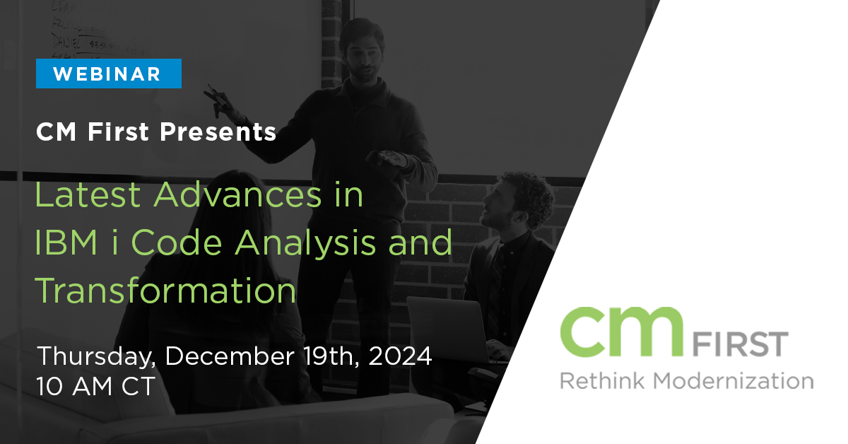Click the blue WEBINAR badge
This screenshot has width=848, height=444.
pos(109,74)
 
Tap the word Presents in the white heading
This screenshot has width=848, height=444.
pos(218,132)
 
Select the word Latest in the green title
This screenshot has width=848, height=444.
pos(88,194)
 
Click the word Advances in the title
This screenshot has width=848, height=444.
pos(237,194)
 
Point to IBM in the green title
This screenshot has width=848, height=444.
pos(66,243)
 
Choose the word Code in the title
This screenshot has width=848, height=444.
pos(177,243)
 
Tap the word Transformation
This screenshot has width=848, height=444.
pos(165,290)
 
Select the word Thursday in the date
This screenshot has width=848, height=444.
pos(97,357)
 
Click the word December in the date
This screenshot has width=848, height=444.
pos(230,356)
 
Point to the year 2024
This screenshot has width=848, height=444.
pos(400,356)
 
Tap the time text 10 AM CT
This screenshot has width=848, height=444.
pos(96,387)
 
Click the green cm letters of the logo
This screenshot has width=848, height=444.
pos(622,332)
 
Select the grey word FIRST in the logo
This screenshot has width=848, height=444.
pos(741,344)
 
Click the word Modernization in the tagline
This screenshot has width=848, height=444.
pos(734,380)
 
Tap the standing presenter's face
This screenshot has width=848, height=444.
pos(363,57)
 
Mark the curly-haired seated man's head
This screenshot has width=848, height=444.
pos(519,200)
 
